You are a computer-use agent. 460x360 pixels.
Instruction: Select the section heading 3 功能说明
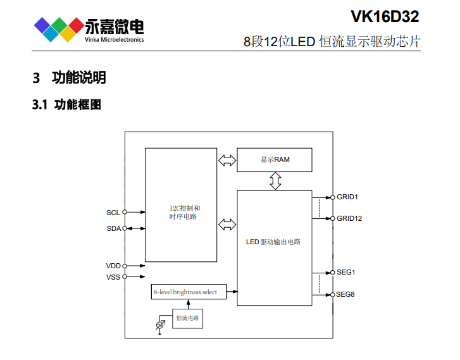tap(69, 78)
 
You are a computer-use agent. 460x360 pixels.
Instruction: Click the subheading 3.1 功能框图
tap(66, 104)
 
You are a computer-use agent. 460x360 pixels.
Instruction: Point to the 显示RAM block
tap(275, 159)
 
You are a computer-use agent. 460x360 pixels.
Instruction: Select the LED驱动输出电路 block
tap(274, 242)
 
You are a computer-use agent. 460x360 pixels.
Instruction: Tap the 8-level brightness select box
tap(188, 292)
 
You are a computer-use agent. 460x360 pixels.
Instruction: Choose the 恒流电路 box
tap(188, 318)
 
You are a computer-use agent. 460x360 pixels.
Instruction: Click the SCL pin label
tap(113, 213)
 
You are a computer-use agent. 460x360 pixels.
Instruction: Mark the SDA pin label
tap(113, 228)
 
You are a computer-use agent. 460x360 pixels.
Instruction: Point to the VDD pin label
tap(113, 266)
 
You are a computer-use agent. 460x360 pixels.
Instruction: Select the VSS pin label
tap(113, 276)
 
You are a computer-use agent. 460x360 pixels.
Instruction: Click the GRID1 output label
tap(347, 197)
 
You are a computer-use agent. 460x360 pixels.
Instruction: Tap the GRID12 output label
tap(349, 218)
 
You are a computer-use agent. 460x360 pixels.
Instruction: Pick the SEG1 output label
tap(345, 273)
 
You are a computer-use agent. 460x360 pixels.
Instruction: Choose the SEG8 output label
tap(345, 294)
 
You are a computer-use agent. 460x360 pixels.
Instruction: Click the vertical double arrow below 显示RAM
tap(275, 181)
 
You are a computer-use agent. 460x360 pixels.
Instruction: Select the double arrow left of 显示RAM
tap(226, 159)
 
